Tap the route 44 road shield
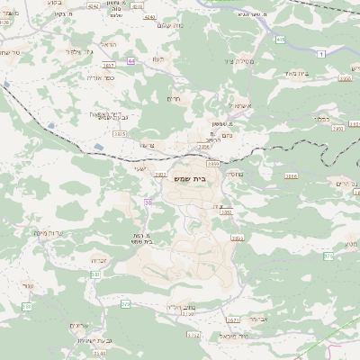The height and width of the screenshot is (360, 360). point(131,61)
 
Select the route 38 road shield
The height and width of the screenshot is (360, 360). point(148,202)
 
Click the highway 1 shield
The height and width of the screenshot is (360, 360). point(321,54)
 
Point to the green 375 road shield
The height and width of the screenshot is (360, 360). point(328,256)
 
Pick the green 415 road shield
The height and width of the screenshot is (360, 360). point(280,40)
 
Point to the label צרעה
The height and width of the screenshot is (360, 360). point(148,144)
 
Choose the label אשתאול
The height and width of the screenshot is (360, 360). point(225,105)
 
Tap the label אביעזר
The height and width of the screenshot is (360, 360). point(257,319)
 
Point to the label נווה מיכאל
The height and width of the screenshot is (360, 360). point(257,336)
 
